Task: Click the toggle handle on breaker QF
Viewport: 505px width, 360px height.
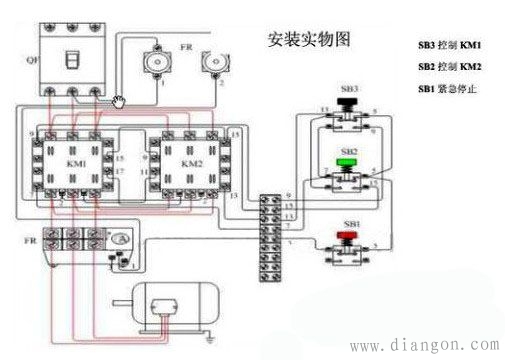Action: pyautogui.click(x=73, y=59)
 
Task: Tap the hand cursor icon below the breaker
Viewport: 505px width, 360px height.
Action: pyautogui.click(x=119, y=101)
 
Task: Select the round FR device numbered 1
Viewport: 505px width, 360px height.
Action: pyautogui.click(x=155, y=62)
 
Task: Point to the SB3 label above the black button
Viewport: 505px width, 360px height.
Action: pyautogui.click(x=349, y=90)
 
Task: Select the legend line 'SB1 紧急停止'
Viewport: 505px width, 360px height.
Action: pyautogui.click(x=450, y=90)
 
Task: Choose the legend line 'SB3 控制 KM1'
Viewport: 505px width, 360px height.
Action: pyautogui.click(x=452, y=45)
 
